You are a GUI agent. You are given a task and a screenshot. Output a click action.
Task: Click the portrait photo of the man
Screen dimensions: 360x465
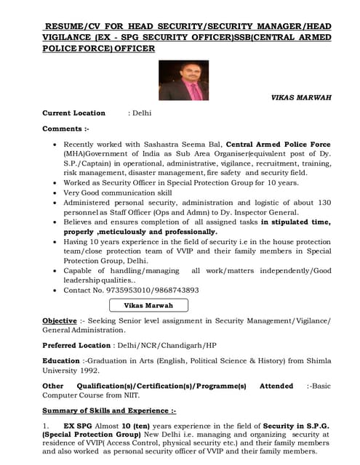[183, 80]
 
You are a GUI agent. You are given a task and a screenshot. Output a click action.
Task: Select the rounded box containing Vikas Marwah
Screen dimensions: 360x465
[148, 305]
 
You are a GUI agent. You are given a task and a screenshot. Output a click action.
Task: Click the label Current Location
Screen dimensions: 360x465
[73, 113]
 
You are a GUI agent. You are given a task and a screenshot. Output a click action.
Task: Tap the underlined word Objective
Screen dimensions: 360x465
[58, 320]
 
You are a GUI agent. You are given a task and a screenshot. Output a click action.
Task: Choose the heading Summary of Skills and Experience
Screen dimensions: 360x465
[108, 411]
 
